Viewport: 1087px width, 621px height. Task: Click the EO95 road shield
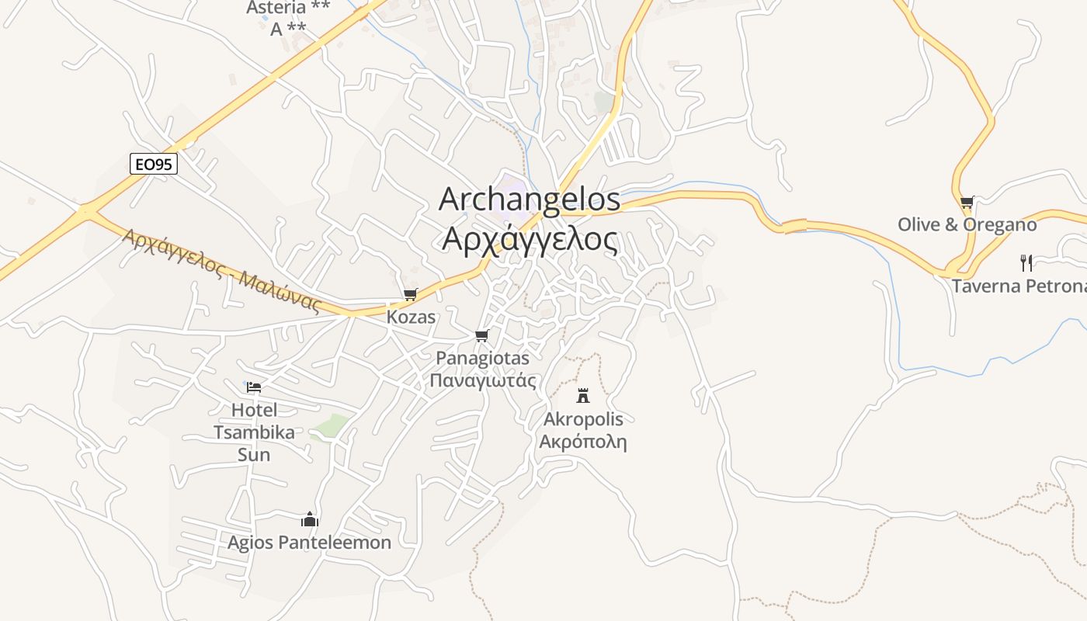(x=154, y=164)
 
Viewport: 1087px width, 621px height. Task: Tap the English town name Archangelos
(x=530, y=199)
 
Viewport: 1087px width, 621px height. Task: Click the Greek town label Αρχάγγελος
(x=530, y=239)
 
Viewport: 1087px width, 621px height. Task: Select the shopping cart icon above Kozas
(x=411, y=295)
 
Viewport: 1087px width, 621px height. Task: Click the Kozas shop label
(x=411, y=317)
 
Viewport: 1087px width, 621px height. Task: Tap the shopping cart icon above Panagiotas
(x=482, y=336)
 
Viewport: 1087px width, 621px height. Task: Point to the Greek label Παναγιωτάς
(x=483, y=380)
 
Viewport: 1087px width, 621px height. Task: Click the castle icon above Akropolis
(x=583, y=396)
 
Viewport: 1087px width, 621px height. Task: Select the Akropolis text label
(x=583, y=420)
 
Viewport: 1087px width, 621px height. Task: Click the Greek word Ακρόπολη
(x=583, y=442)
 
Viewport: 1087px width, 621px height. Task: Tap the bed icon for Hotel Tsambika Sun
(x=254, y=387)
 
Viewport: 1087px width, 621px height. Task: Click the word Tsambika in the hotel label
(x=254, y=432)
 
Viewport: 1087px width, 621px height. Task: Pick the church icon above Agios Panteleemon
(x=310, y=519)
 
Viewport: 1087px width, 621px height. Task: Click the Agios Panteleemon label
(x=309, y=543)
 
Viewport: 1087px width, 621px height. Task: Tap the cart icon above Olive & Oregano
(x=967, y=203)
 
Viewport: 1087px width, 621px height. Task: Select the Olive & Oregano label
(x=967, y=225)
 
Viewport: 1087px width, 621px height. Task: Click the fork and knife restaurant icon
(x=1026, y=262)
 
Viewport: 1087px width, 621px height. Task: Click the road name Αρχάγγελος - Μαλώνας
(x=221, y=269)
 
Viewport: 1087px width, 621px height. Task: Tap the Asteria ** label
(x=288, y=8)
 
